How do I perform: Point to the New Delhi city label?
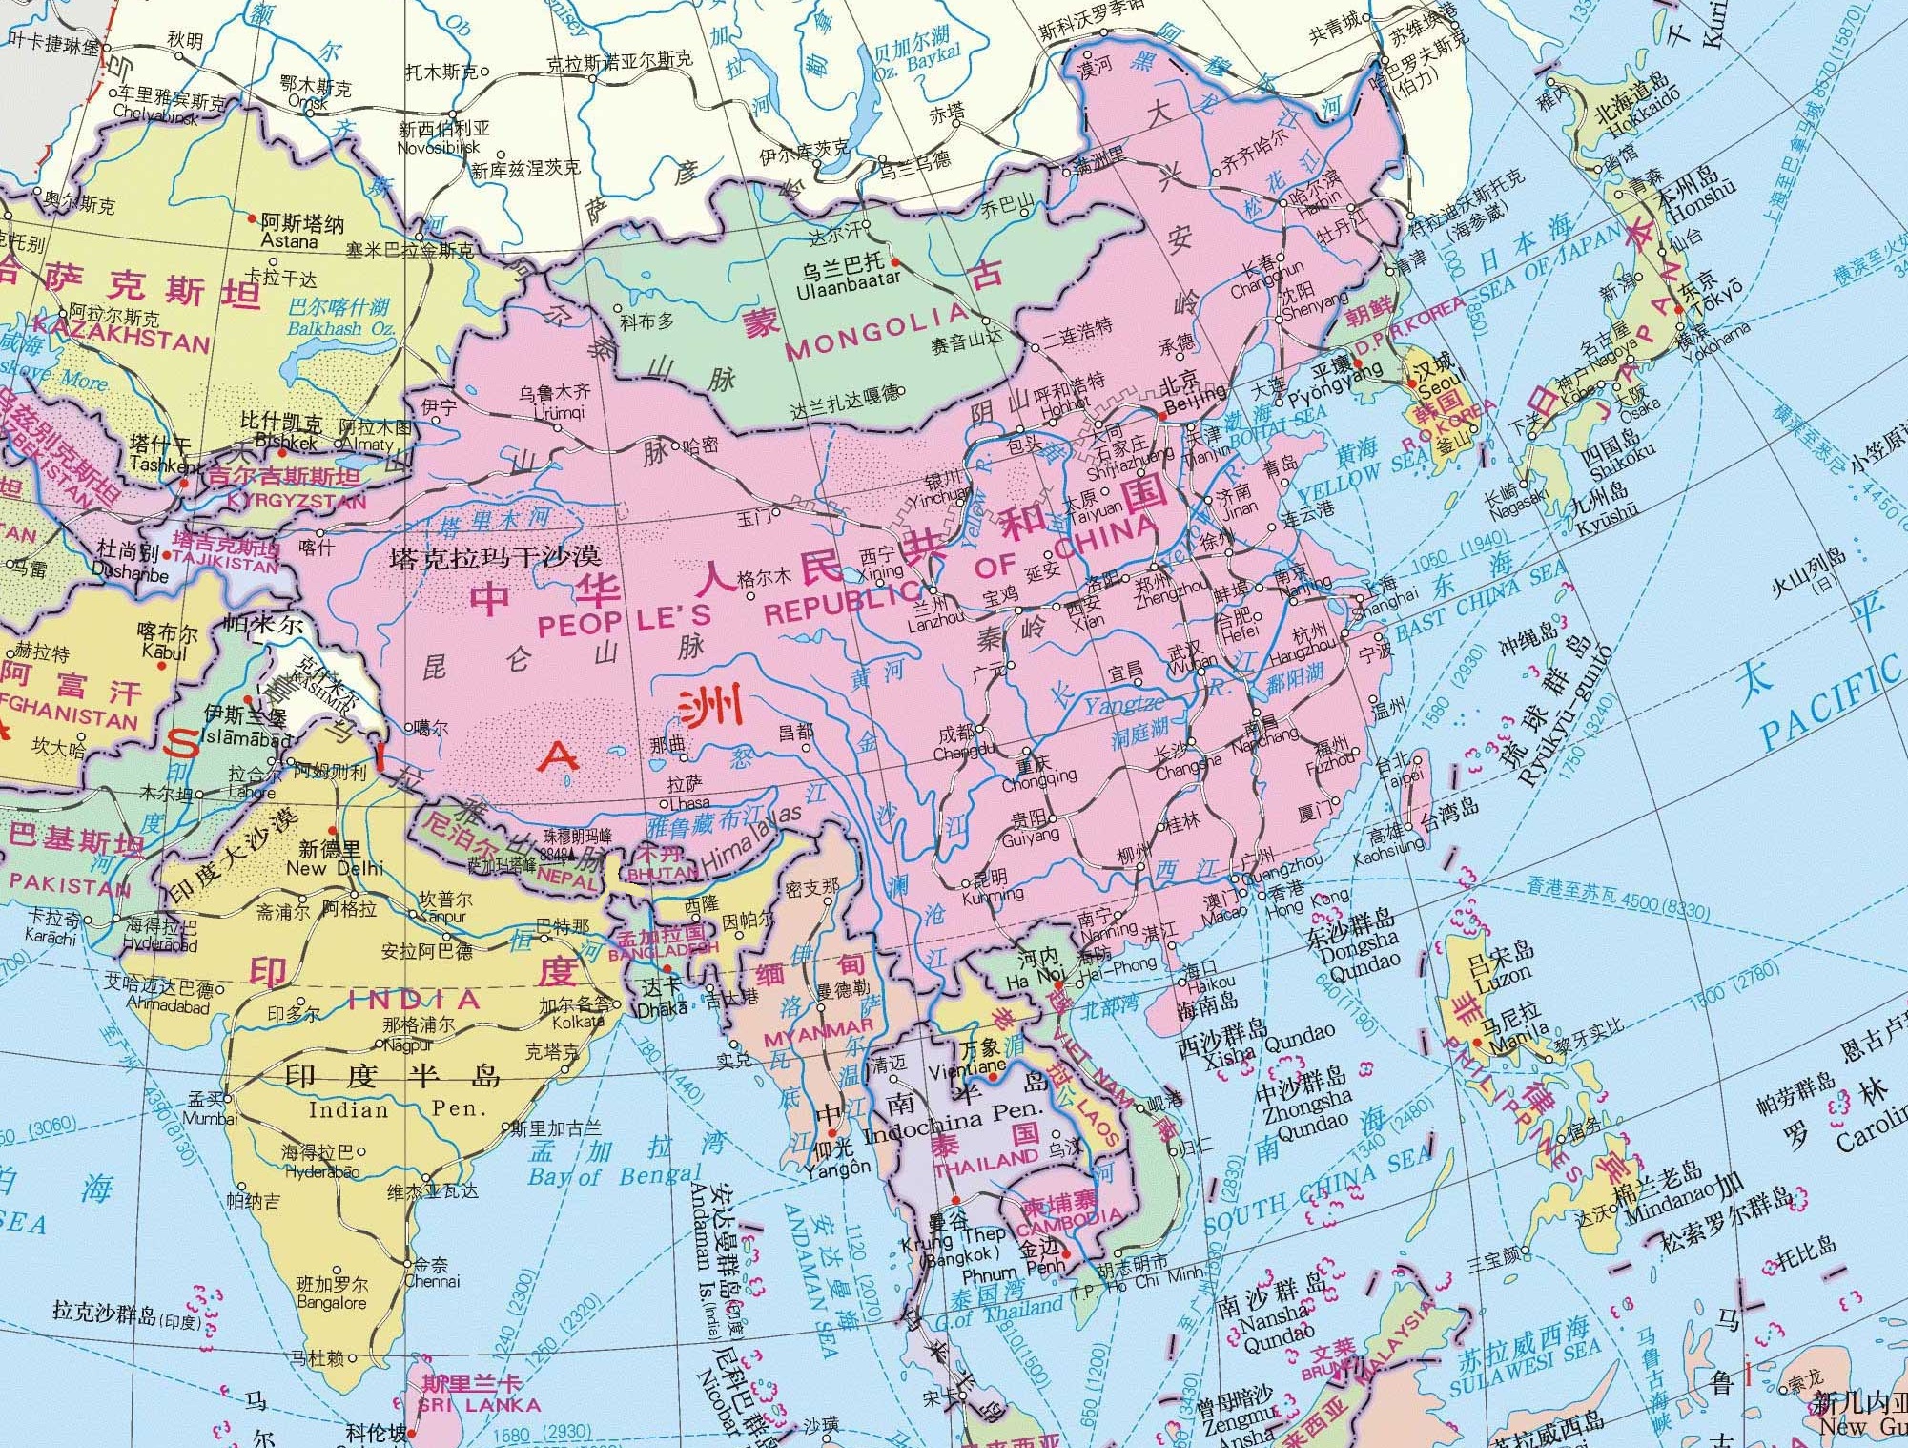pos(335,868)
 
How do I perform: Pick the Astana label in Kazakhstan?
pos(289,241)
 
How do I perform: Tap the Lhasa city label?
pos(688,803)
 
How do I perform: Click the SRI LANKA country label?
pos(479,1405)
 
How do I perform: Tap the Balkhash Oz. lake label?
pos(341,328)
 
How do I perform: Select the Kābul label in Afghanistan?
pos(164,652)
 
